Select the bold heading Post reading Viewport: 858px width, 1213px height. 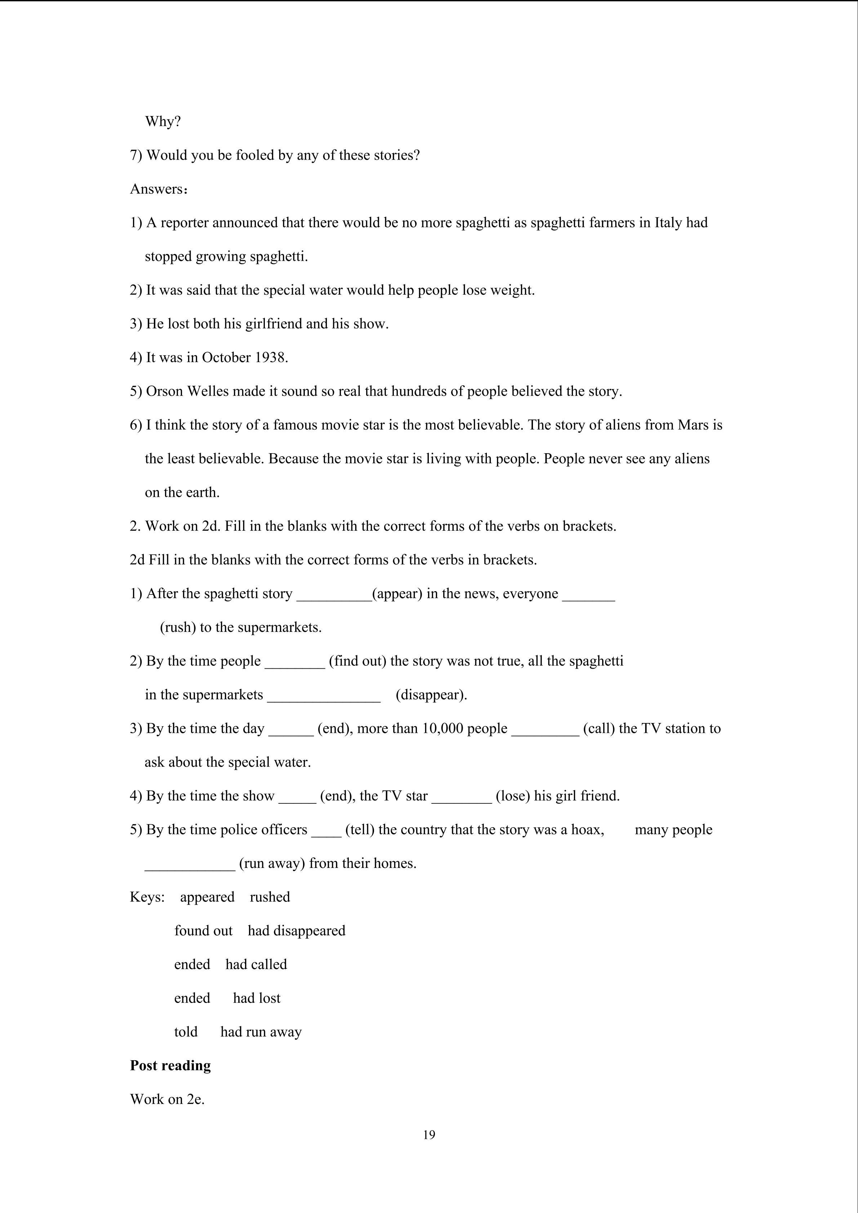point(170,1066)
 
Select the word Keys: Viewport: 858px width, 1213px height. point(147,897)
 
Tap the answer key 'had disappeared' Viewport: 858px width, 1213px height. point(297,931)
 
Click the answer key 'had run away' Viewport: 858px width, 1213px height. point(261,1032)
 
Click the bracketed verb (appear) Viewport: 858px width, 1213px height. point(397,594)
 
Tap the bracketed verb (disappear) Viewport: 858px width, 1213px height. point(431,695)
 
